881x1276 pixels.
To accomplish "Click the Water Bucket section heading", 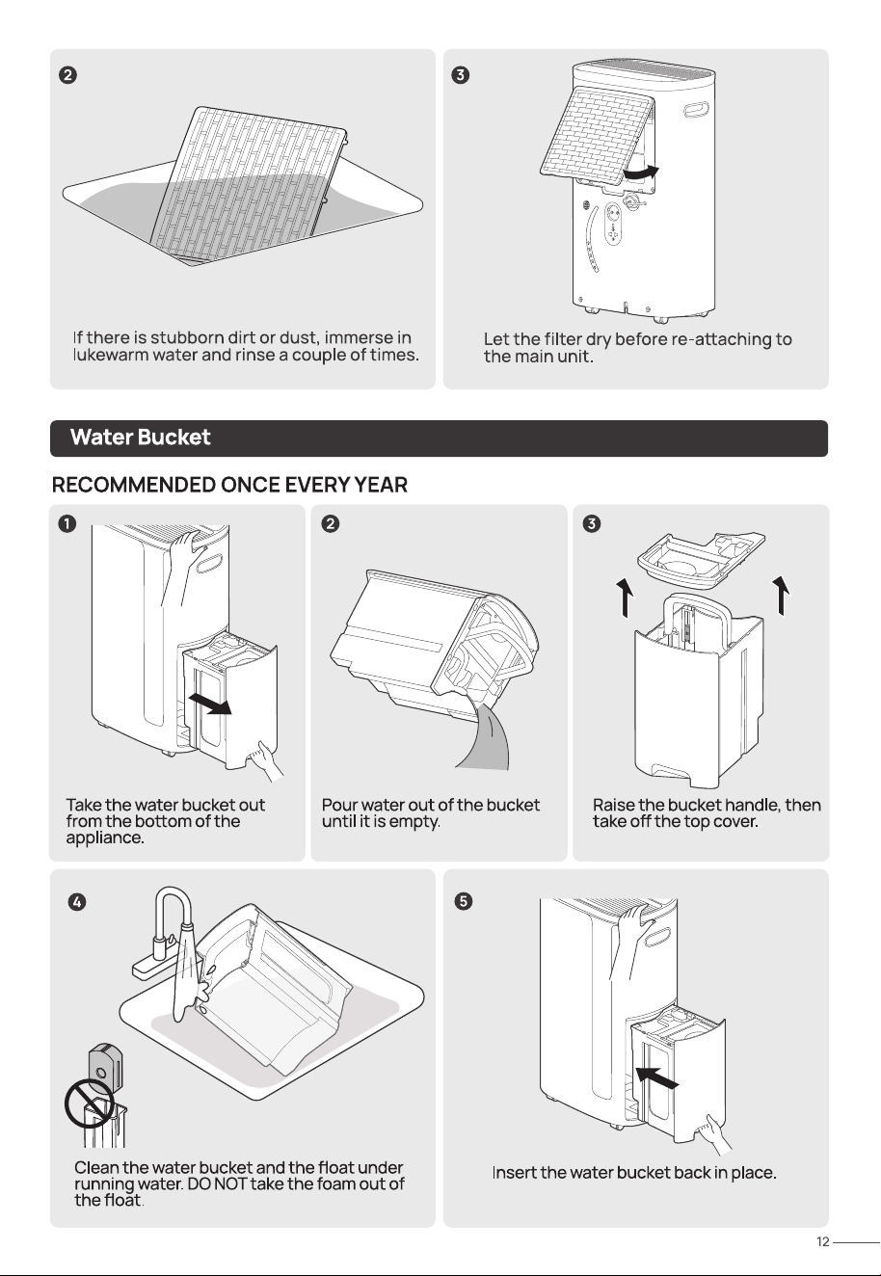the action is [140, 437].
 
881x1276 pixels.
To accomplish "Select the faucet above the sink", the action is [164, 934].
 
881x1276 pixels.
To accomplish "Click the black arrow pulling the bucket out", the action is [210, 704].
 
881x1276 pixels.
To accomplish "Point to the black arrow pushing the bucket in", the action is [657, 1077].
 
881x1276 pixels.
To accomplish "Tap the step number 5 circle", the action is [464, 901].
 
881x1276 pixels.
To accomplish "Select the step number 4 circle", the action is [77, 902].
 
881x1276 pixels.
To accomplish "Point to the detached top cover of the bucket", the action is [702, 556].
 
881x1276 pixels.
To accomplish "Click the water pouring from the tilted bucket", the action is [486, 736].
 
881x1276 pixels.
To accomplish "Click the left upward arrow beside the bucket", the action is [627, 597].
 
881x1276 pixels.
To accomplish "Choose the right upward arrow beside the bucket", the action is [782, 596].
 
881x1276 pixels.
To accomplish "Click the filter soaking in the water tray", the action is [248, 183].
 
